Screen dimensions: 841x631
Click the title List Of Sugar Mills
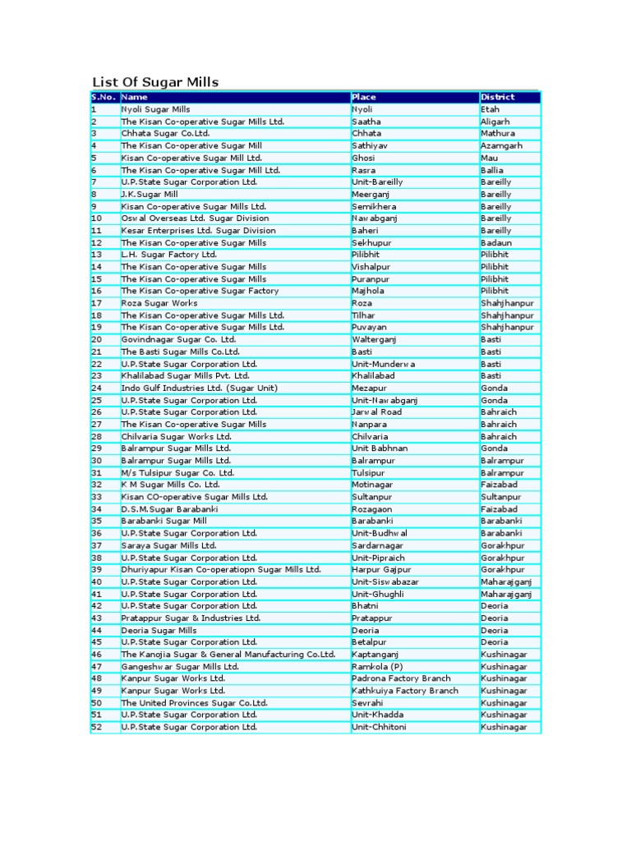155,81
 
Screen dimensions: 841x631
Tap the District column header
498,97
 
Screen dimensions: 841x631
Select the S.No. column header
104,97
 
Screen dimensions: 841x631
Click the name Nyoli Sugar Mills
155,109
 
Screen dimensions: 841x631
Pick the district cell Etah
490,109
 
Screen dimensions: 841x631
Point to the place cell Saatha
366,122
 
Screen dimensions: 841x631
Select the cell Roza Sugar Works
159,303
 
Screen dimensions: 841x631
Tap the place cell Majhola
367,291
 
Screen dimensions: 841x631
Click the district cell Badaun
495,242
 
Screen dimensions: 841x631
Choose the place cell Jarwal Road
376,412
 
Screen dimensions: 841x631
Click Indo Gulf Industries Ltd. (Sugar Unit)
200,388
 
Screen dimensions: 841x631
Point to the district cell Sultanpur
500,497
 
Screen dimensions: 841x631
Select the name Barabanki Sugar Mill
164,521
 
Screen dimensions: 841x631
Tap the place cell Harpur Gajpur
381,569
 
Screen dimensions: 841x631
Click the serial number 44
97,630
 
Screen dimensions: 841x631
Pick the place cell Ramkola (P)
377,666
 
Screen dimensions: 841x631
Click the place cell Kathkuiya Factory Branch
405,691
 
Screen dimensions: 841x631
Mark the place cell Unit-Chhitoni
379,727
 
